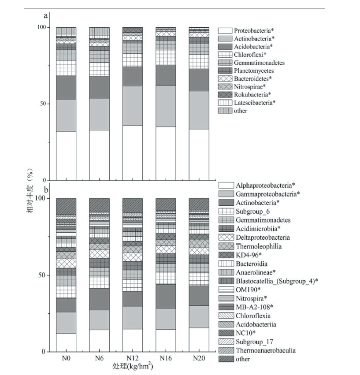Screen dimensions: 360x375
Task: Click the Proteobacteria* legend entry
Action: [x=254, y=30]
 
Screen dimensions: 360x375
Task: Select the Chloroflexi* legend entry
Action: [x=250, y=55]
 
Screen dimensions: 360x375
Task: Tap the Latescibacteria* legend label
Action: [x=255, y=103]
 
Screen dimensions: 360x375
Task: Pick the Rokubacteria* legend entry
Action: [x=252, y=94]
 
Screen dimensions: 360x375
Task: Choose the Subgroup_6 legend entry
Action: [x=252, y=212]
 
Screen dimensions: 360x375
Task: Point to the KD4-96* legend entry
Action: [x=249, y=255]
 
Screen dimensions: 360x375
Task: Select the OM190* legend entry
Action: [x=248, y=290]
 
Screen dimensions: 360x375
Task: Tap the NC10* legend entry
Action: [x=246, y=333]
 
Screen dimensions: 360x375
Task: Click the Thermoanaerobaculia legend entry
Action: [x=266, y=350]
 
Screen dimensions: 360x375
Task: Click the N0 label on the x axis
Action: [x=66, y=358]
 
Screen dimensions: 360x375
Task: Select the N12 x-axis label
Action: [x=133, y=358]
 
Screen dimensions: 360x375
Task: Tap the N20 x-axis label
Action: [x=199, y=358]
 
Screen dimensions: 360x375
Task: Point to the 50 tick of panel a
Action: [x=43, y=104]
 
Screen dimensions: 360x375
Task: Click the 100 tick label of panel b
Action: [x=40, y=198]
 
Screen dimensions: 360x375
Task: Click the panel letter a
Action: [x=45, y=16]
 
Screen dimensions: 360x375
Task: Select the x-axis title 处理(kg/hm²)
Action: [x=133, y=366]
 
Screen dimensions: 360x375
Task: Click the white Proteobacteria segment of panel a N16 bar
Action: [x=166, y=153]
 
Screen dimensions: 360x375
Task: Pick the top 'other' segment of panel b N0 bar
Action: [x=66, y=206]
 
